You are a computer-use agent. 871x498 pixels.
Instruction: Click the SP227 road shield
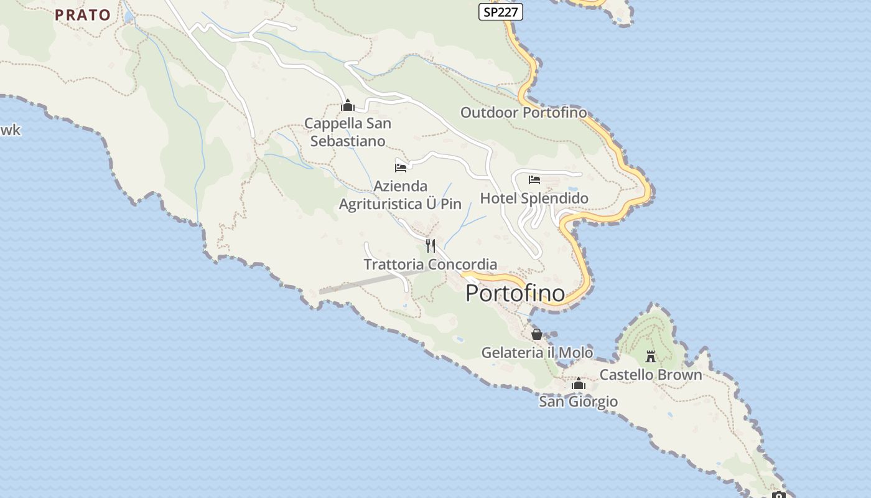pyautogui.click(x=500, y=11)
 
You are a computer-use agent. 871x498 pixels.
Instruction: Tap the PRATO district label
pyautogui.click(x=83, y=15)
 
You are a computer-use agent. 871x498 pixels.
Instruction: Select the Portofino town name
pyautogui.click(x=515, y=293)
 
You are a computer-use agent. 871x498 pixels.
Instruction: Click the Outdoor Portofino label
pyautogui.click(x=523, y=113)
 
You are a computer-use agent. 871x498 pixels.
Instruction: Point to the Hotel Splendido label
pyautogui.click(x=534, y=199)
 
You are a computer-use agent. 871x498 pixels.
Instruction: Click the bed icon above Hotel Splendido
pyautogui.click(x=534, y=181)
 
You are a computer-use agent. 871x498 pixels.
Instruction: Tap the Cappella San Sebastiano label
pyautogui.click(x=348, y=132)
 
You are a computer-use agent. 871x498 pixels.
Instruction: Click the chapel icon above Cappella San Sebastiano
pyautogui.click(x=348, y=106)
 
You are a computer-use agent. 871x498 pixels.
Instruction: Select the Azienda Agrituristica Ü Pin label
pyautogui.click(x=400, y=195)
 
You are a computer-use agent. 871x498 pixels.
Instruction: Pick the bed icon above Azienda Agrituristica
pyautogui.click(x=401, y=167)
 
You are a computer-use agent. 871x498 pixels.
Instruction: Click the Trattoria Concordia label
pyautogui.click(x=430, y=265)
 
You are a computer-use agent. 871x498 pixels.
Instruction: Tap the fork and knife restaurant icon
pyautogui.click(x=430, y=245)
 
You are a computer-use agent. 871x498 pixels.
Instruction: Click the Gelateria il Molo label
pyautogui.click(x=537, y=353)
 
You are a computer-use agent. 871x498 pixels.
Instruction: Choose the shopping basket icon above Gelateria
pyautogui.click(x=537, y=335)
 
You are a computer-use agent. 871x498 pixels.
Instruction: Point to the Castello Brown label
pyautogui.click(x=650, y=375)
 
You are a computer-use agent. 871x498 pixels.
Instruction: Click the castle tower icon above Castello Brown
pyautogui.click(x=651, y=357)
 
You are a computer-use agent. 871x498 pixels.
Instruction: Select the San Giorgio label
pyautogui.click(x=578, y=402)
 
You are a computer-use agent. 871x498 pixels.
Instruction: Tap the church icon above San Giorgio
pyautogui.click(x=579, y=384)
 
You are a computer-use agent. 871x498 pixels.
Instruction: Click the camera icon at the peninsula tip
pyautogui.click(x=778, y=495)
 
